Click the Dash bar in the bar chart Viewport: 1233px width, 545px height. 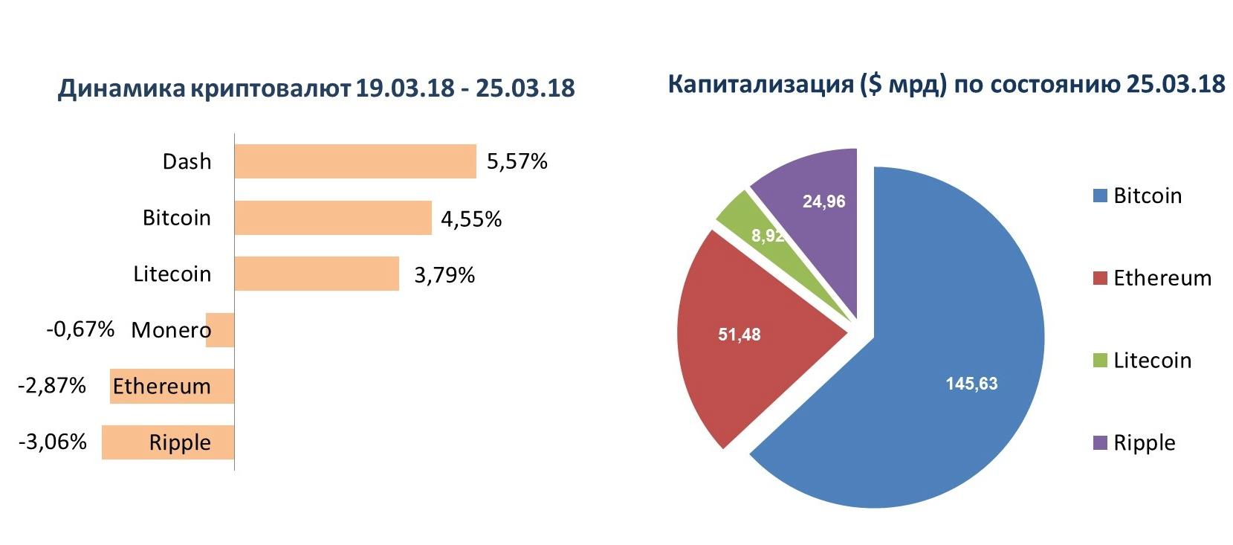click(x=355, y=161)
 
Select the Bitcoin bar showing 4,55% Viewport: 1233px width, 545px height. click(x=333, y=217)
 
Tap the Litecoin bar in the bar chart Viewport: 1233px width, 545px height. click(x=317, y=274)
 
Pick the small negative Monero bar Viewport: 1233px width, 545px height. click(x=220, y=330)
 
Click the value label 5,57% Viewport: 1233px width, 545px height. click(x=517, y=161)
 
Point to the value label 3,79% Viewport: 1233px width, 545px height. click(x=444, y=274)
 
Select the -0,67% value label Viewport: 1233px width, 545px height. click(x=80, y=329)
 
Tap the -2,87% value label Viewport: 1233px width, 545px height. click(x=52, y=385)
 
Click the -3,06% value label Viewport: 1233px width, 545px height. click(x=52, y=442)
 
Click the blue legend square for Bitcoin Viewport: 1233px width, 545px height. click(x=1100, y=196)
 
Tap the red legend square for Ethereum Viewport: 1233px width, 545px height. click(x=1100, y=278)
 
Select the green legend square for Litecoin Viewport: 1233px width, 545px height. click(x=1100, y=361)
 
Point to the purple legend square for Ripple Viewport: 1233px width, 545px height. click(x=1100, y=442)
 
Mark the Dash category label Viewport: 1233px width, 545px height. click(x=187, y=161)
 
